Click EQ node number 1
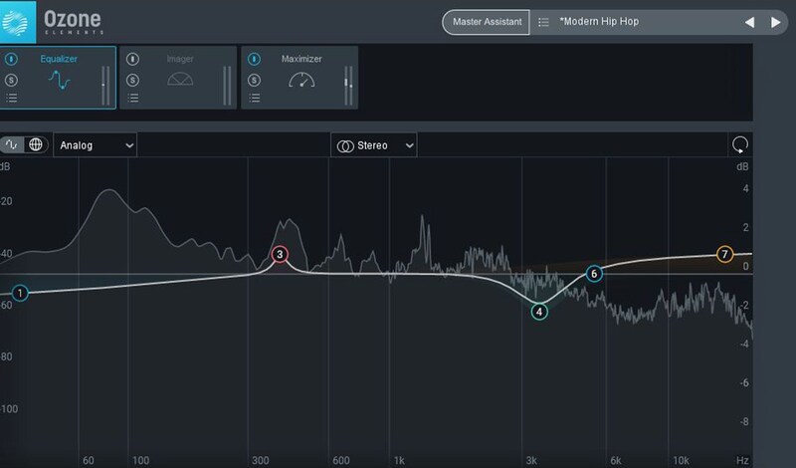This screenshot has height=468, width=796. click(21, 293)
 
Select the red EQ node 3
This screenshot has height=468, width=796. click(281, 255)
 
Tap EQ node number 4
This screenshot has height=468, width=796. click(539, 312)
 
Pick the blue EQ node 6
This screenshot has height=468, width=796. click(594, 273)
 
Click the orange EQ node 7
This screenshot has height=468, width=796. click(724, 254)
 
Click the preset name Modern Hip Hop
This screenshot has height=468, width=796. click(599, 22)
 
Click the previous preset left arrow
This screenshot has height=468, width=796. click(749, 22)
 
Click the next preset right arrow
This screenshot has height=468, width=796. click(775, 22)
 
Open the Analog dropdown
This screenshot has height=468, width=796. click(96, 145)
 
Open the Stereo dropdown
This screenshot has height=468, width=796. click(374, 145)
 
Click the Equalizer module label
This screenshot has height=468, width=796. click(59, 59)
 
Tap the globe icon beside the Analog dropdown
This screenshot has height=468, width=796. click(36, 144)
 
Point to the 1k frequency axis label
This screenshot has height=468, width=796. click(399, 461)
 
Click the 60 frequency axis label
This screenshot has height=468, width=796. click(89, 461)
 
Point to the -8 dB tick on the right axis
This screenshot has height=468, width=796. click(743, 422)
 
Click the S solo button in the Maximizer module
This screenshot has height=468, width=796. click(254, 80)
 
